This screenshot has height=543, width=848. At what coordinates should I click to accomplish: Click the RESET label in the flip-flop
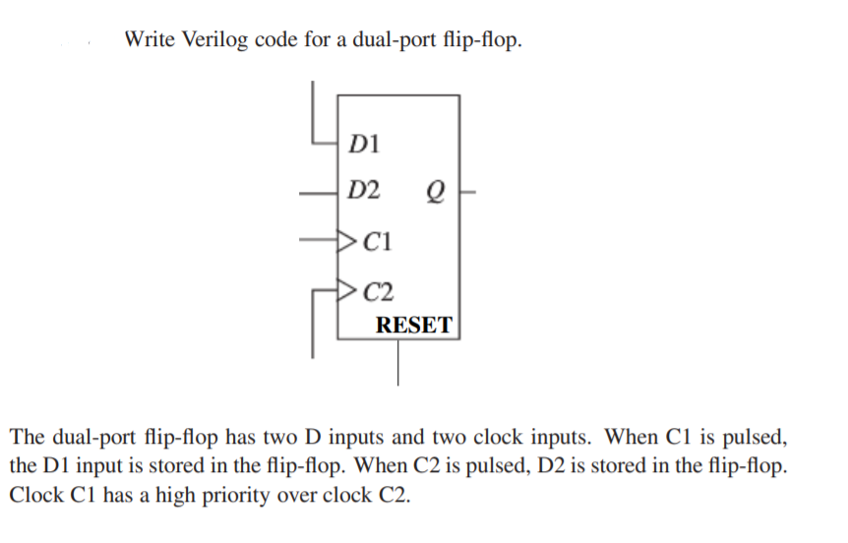414,325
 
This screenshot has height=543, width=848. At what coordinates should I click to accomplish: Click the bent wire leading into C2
315,315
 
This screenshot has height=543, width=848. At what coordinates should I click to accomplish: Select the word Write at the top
150,42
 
